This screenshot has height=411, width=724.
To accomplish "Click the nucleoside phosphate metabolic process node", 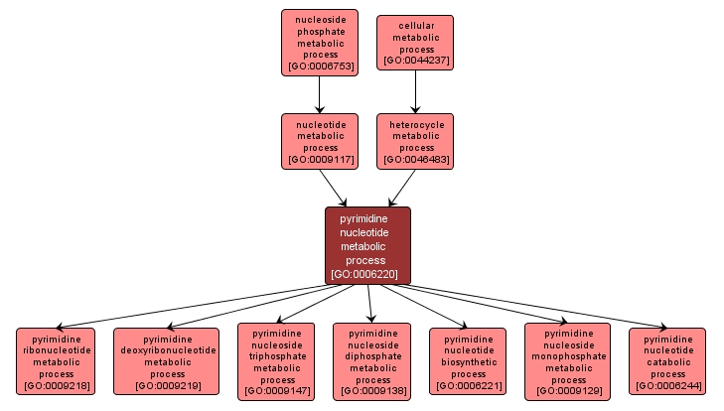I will coord(319,43).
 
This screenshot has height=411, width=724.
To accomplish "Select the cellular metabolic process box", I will coord(415,42).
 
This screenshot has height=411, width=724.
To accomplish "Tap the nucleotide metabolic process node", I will coord(319,141).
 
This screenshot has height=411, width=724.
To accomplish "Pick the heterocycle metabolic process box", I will coord(415,141).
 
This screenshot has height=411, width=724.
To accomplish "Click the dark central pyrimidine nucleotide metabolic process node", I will coord(367,245).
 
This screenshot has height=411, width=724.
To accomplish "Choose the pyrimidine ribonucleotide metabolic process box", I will coord(56,361).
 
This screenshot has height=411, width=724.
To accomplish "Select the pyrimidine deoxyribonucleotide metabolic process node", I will coord(166,361).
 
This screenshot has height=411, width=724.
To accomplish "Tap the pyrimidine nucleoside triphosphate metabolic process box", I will coord(276,361).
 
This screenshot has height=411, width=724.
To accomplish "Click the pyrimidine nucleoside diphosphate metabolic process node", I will coord(371,361).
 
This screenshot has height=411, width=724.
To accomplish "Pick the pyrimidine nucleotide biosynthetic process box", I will coord(468,361).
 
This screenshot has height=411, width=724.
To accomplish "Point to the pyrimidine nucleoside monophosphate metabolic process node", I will coord(567,361).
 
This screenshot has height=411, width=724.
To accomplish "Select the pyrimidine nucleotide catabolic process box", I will coord(667,361).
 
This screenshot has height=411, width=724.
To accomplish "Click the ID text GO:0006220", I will coord(367,273).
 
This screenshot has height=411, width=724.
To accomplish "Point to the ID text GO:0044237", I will coord(415,61).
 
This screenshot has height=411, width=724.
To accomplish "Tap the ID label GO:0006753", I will coord(319,68).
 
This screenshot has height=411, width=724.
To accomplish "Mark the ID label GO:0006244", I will coord(667,385).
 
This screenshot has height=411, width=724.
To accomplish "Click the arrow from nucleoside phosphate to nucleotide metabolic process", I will coord(319,95).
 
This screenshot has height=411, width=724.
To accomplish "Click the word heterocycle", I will coord(415,125).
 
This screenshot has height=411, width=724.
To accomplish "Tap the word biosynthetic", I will coord(468,361).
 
